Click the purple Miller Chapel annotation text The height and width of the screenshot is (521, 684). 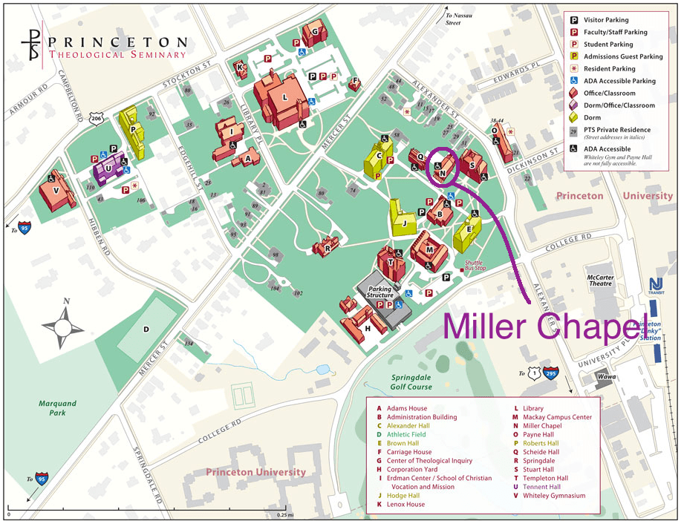click(x=541, y=327)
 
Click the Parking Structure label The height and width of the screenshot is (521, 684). click(x=380, y=292)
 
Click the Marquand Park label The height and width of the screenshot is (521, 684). click(x=58, y=408)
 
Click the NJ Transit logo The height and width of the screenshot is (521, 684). click(x=656, y=286)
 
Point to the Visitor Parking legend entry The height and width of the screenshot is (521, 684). click(x=606, y=20)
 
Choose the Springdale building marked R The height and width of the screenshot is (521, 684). click(x=327, y=246)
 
